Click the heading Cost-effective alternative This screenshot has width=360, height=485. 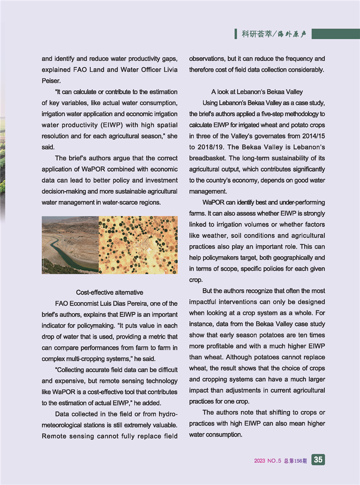[109, 292]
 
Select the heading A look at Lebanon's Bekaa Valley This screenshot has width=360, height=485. [257, 92]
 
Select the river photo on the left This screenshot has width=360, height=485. [70, 245]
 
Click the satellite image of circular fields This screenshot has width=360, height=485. [138, 245]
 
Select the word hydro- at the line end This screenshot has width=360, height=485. [168, 414]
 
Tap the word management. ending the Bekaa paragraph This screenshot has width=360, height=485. [208, 192]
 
